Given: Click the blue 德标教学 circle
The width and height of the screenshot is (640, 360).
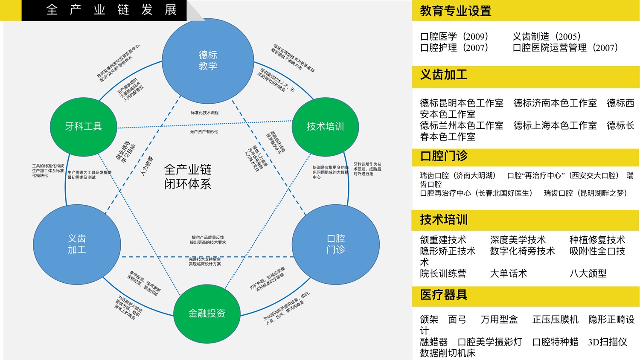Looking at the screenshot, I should (208, 61).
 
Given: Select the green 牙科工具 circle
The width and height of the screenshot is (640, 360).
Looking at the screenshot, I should (84, 126).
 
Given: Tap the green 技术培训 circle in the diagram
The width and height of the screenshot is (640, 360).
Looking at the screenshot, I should (325, 126).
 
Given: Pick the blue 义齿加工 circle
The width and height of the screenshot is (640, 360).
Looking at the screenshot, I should (77, 244).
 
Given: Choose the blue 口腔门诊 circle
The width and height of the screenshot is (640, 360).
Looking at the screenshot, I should (336, 244).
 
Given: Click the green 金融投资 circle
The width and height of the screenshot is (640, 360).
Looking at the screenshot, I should (207, 314).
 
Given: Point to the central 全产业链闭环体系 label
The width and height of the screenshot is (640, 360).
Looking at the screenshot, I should (188, 177).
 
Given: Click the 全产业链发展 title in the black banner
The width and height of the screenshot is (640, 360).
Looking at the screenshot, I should (111, 10).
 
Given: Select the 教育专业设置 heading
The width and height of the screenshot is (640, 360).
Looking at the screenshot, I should (456, 11).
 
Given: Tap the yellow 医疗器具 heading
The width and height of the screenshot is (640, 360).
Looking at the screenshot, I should (444, 295).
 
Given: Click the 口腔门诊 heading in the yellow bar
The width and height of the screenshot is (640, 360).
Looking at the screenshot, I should (444, 156).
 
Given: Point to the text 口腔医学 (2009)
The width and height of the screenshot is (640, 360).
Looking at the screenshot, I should (454, 37).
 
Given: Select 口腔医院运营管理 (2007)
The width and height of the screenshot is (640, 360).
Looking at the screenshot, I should (565, 48).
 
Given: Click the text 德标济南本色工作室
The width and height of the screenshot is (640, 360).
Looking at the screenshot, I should (555, 103).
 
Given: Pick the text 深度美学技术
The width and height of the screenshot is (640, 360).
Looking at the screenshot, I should (518, 240).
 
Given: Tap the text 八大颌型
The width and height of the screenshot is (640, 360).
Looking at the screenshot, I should (588, 273).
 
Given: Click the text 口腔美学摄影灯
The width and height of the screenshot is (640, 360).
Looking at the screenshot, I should (490, 342).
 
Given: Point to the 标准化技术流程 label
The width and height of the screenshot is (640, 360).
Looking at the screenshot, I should (204, 113).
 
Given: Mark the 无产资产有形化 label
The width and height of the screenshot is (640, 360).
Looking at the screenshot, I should (204, 132).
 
